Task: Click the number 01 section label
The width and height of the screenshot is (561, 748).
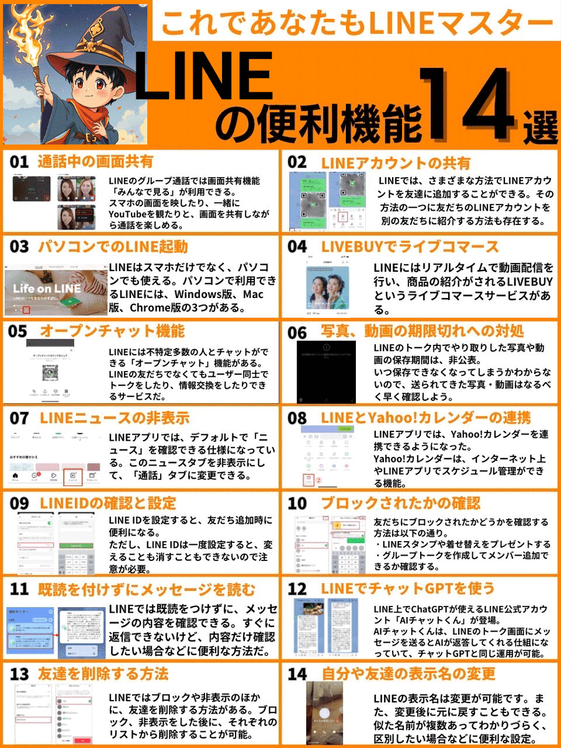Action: coord(19,162)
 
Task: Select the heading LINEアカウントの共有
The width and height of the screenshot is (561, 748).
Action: coord(396,163)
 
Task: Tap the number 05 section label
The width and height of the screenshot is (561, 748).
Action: coord(18,331)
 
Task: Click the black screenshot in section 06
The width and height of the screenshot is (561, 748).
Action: coord(325,371)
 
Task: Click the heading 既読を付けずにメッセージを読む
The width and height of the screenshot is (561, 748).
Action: coord(146,588)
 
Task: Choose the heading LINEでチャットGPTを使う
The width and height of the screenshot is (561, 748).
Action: coord(408,588)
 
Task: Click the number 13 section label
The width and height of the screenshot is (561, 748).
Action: coord(19,674)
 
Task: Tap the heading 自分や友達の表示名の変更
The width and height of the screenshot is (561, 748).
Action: coord(408,674)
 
